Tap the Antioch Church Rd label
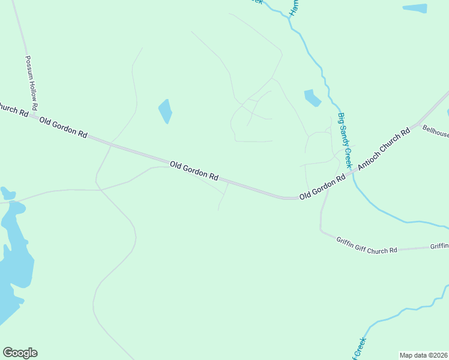click(x=384, y=148)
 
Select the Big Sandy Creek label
click(x=345, y=140)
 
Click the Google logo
click(x=20, y=353)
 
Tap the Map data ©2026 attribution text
click(x=423, y=355)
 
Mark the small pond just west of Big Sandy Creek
click(x=312, y=98)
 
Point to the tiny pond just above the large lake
click(x=7, y=193)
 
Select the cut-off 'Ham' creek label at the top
click(x=294, y=7)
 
